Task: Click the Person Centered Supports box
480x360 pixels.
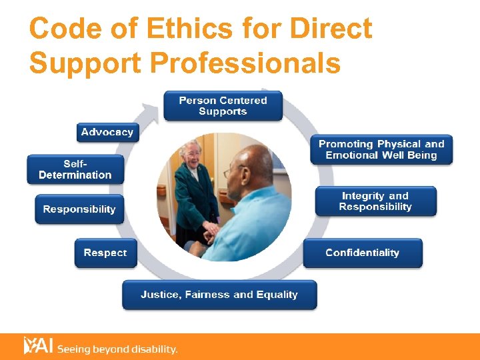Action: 223,106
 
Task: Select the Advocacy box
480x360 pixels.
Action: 107,132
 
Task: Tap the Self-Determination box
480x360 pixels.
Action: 75,169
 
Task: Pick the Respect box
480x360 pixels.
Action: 105,253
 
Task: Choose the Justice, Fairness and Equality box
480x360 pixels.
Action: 219,295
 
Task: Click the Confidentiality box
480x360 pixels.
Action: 362,253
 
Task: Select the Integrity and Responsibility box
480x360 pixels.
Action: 375,201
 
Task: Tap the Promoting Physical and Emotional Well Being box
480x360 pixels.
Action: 381,149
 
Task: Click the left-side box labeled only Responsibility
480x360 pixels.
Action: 79,209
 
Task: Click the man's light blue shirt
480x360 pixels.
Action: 257,220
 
